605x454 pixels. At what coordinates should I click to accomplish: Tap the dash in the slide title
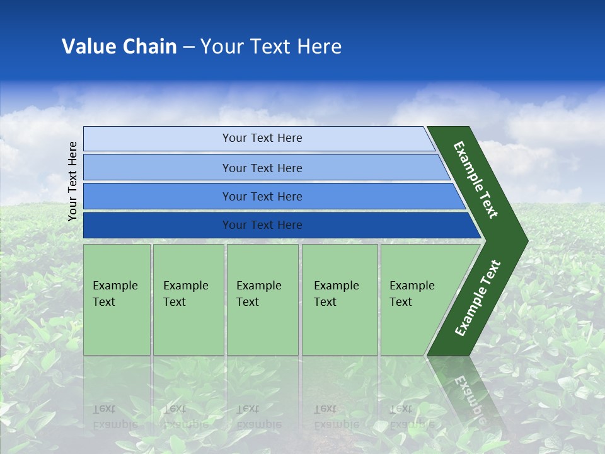pos(188,47)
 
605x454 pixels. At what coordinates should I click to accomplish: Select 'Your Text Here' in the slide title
pos(271,47)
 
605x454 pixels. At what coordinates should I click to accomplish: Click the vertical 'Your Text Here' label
pos(73,181)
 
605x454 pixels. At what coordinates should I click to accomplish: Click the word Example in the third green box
pos(258,286)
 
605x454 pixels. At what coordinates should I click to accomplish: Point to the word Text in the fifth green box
pos(401,302)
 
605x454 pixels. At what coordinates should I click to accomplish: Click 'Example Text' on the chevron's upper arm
pos(476,180)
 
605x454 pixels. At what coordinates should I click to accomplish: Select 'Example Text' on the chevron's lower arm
pos(477,298)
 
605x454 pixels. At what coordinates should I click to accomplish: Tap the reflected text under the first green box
pos(115,416)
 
